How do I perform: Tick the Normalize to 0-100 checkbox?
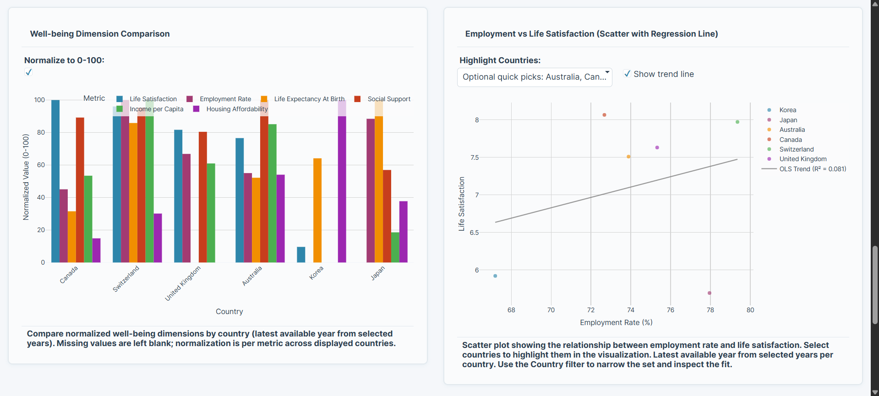(x=28, y=72)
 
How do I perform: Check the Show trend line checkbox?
(x=627, y=74)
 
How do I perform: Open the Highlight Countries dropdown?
(x=534, y=77)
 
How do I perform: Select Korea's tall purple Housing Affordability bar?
(x=342, y=188)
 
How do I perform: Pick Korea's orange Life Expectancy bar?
(x=317, y=210)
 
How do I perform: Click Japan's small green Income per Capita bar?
(x=395, y=247)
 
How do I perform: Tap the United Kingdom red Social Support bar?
(x=203, y=197)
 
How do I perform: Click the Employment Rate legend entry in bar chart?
(x=225, y=99)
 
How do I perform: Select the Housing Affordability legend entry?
(x=236, y=109)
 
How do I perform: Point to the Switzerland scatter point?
(x=737, y=122)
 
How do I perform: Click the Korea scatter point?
(x=495, y=276)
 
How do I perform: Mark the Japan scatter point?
(x=710, y=293)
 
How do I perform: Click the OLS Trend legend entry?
(x=812, y=169)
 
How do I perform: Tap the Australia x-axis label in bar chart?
(x=252, y=276)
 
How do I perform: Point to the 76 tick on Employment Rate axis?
(x=671, y=310)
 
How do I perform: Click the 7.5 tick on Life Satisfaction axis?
(x=474, y=157)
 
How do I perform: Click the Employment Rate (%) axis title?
(x=616, y=322)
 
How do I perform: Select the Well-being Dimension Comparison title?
(x=100, y=34)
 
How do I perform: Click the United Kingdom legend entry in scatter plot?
(x=803, y=159)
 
